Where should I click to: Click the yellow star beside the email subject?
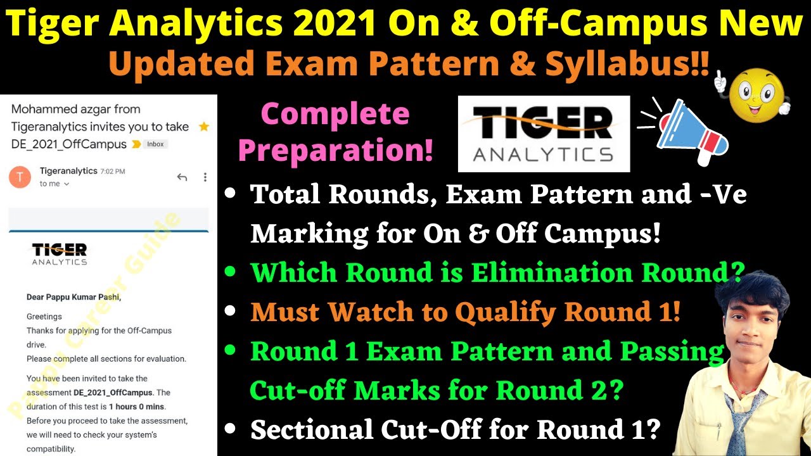point(203,127)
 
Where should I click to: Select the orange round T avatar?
point(20,177)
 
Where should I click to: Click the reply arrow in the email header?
point(182,177)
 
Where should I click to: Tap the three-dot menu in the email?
point(205,177)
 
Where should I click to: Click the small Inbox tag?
point(155,144)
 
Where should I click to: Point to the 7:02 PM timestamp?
point(113,172)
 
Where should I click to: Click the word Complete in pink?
point(335,115)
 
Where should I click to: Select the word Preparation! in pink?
point(336,151)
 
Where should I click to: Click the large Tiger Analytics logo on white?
point(544,134)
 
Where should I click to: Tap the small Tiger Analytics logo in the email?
point(60,253)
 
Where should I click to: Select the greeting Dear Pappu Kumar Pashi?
point(73,297)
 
